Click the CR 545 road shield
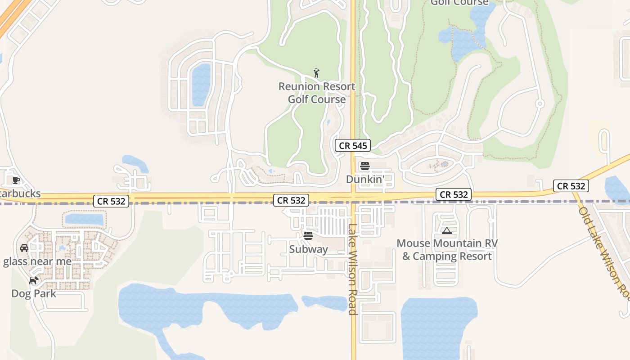353,145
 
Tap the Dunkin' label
365,179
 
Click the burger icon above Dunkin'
365,166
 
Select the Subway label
308,249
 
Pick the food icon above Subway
308,236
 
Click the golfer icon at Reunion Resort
317,73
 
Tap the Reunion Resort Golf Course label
317,93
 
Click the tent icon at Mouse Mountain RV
446,231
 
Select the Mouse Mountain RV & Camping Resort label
447,250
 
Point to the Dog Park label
34,293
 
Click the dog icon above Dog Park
33,280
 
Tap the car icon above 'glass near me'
24,247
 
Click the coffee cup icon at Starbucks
16,180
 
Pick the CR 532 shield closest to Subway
291,200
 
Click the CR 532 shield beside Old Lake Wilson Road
571,186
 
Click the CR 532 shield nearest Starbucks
112,201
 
